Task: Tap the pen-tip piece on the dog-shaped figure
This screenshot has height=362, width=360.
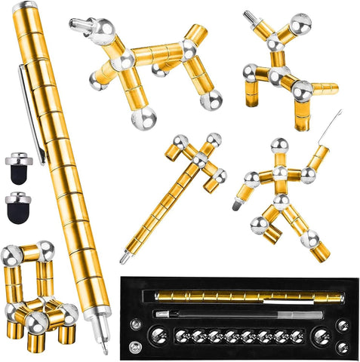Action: [x=78, y=25]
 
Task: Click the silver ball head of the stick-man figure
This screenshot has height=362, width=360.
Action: [x=279, y=146]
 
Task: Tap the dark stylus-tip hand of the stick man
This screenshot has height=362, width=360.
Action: [x=238, y=202]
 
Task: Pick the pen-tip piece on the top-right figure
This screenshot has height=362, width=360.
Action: [x=344, y=89]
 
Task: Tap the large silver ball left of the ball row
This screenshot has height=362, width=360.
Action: [x=160, y=334]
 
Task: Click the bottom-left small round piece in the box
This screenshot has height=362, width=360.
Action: [x=135, y=346]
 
